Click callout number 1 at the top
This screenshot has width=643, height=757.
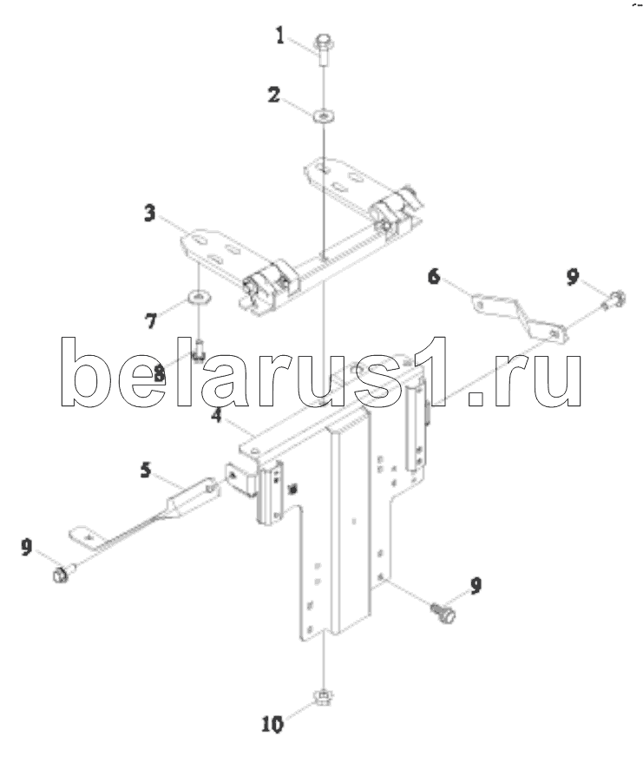[x=280, y=36]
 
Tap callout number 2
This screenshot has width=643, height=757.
[x=273, y=95]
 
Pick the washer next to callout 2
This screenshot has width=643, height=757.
[x=322, y=115]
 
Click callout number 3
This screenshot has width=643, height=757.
[x=150, y=213]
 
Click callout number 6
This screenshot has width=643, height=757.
[x=434, y=277]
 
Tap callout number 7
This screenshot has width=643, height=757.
[x=150, y=321]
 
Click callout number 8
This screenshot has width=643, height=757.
[x=159, y=374]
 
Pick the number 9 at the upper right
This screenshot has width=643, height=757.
[x=573, y=277]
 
